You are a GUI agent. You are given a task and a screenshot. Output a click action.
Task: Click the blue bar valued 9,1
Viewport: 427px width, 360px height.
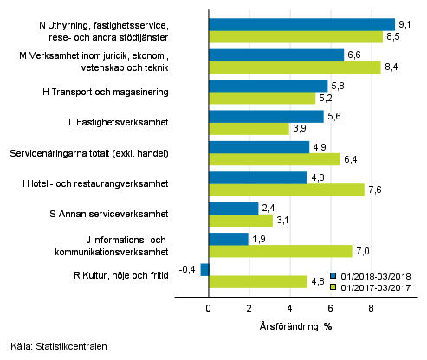(301, 24)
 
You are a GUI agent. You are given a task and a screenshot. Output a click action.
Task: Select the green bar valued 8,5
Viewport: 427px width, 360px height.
(295, 36)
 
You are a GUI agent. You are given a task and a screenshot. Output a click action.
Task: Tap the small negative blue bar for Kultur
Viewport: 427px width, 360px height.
(204, 269)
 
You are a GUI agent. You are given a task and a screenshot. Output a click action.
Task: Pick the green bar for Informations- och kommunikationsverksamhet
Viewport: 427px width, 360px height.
(280, 251)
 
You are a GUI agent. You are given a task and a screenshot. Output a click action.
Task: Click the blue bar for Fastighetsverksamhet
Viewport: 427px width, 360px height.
(266, 116)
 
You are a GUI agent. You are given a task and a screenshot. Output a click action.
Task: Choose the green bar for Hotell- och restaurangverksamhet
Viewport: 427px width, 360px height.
(286, 190)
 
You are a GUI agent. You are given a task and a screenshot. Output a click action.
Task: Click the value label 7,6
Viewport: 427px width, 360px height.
(375, 190)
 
